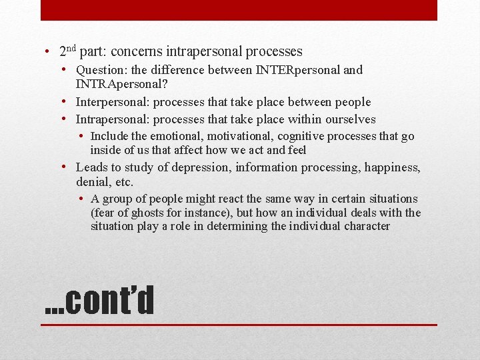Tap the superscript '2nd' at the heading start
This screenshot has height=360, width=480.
coord(67,50)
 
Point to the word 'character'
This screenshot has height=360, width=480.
coord(365,226)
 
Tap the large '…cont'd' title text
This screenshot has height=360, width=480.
coord(99,300)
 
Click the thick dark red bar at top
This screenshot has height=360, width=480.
coord(239,10)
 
